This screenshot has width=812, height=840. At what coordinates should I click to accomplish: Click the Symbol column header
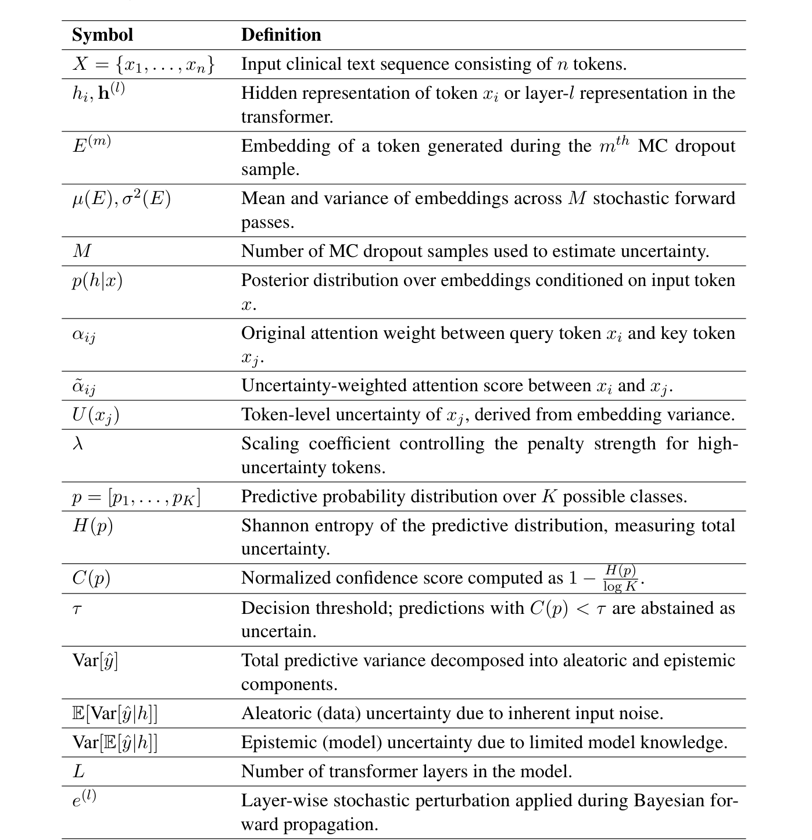tap(102, 35)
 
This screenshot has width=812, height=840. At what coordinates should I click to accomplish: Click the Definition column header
tap(281, 35)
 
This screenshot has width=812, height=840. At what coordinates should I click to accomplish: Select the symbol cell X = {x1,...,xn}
tap(144, 64)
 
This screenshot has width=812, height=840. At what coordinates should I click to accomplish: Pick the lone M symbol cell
tap(82, 251)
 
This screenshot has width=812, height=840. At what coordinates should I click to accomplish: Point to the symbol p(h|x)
tap(97, 281)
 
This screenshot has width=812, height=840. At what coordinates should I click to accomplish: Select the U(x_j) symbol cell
tap(95, 415)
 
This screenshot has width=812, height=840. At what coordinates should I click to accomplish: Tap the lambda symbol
tap(78, 444)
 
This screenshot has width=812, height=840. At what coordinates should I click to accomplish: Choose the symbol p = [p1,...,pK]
tap(136, 497)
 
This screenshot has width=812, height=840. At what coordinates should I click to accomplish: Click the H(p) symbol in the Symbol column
tap(92, 526)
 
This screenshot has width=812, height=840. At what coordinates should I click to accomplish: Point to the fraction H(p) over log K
tap(620, 578)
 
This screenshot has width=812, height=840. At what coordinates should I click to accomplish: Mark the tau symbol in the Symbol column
tap(77, 609)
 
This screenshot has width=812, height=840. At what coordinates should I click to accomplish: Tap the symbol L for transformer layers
tap(78, 772)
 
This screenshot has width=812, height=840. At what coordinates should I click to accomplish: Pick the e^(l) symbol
tap(84, 799)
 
